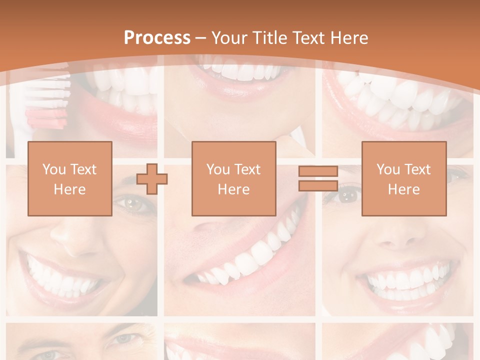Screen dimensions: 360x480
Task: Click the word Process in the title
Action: click(157, 38)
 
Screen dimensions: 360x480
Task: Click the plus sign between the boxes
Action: click(152, 178)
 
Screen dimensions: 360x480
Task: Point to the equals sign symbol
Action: click(318, 178)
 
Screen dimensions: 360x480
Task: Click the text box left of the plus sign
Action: click(70, 178)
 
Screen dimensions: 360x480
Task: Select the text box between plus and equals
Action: click(234, 178)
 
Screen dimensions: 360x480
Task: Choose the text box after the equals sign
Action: click(404, 178)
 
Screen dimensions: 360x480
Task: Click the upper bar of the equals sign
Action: click(318, 171)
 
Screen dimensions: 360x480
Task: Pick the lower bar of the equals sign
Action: click(318, 185)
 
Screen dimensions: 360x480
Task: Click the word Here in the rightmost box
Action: click(404, 189)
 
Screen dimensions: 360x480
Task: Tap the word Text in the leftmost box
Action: click(83, 169)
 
